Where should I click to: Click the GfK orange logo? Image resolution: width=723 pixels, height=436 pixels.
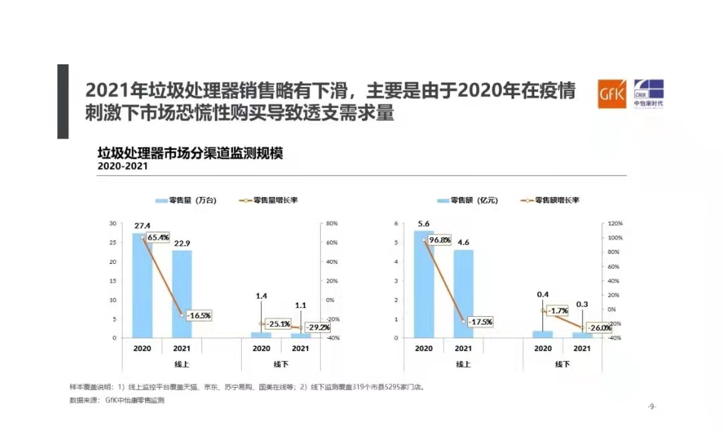612,94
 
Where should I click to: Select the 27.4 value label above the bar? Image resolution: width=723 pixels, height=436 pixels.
141,226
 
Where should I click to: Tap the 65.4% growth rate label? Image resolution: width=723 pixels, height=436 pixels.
158,237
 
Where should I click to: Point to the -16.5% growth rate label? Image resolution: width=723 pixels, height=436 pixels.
198,315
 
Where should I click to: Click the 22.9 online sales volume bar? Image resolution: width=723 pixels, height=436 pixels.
181,294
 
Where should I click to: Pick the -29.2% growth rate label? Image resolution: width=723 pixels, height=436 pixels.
317,328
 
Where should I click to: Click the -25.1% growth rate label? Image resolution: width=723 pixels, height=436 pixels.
277,324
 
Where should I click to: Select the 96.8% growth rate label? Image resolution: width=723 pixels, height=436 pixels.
439,240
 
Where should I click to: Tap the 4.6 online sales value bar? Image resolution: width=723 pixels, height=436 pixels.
463,294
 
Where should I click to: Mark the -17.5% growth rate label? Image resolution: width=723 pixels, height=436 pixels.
479,321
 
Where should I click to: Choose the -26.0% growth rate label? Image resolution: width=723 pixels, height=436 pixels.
598,328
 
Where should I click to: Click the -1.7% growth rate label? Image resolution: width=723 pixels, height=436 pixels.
557,311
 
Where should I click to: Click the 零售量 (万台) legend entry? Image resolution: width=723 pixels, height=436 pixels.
185,200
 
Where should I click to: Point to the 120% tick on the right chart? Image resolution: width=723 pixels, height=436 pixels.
615,223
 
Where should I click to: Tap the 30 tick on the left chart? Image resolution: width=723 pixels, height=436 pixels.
113,223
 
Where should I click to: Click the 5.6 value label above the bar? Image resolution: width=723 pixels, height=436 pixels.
423,224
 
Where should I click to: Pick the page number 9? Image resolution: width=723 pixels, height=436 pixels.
652,407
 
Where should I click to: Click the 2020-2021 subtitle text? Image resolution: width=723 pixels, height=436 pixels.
123,166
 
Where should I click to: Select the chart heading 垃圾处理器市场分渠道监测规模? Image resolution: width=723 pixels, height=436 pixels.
190,153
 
